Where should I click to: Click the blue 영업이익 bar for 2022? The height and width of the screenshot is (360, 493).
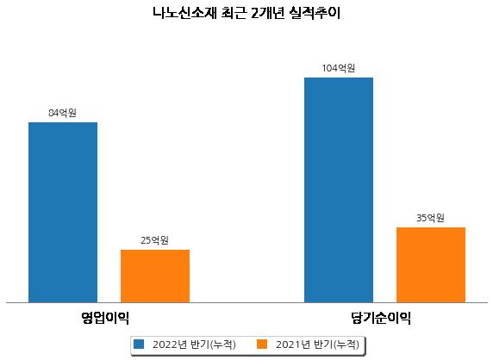(63, 213)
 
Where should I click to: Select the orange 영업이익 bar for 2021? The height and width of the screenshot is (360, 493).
(155, 276)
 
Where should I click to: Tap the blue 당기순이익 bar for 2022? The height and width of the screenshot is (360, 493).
(339, 190)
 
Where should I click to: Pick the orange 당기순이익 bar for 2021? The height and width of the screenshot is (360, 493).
(431, 264)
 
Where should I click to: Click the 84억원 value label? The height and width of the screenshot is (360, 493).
(62, 113)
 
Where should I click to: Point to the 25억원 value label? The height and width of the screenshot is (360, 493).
(154, 240)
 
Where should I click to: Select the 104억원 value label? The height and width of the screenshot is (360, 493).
(339, 68)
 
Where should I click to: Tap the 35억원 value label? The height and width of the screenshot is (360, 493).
(430, 218)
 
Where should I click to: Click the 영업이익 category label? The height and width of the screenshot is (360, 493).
(105, 318)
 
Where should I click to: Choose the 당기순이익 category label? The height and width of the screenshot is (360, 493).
(381, 318)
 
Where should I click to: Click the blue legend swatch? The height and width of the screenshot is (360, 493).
(139, 344)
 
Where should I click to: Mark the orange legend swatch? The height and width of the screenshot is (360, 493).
(262, 344)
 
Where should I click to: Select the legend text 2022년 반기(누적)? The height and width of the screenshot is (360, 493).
(194, 344)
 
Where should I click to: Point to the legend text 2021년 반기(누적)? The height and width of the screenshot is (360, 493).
(317, 344)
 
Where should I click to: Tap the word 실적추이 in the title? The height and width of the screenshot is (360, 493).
(315, 13)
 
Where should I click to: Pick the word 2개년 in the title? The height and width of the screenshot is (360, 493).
(267, 13)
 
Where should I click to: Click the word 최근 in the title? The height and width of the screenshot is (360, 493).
(234, 13)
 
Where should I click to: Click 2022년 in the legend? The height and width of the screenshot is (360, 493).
(170, 344)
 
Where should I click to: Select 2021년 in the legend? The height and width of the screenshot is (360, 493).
(293, 344)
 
